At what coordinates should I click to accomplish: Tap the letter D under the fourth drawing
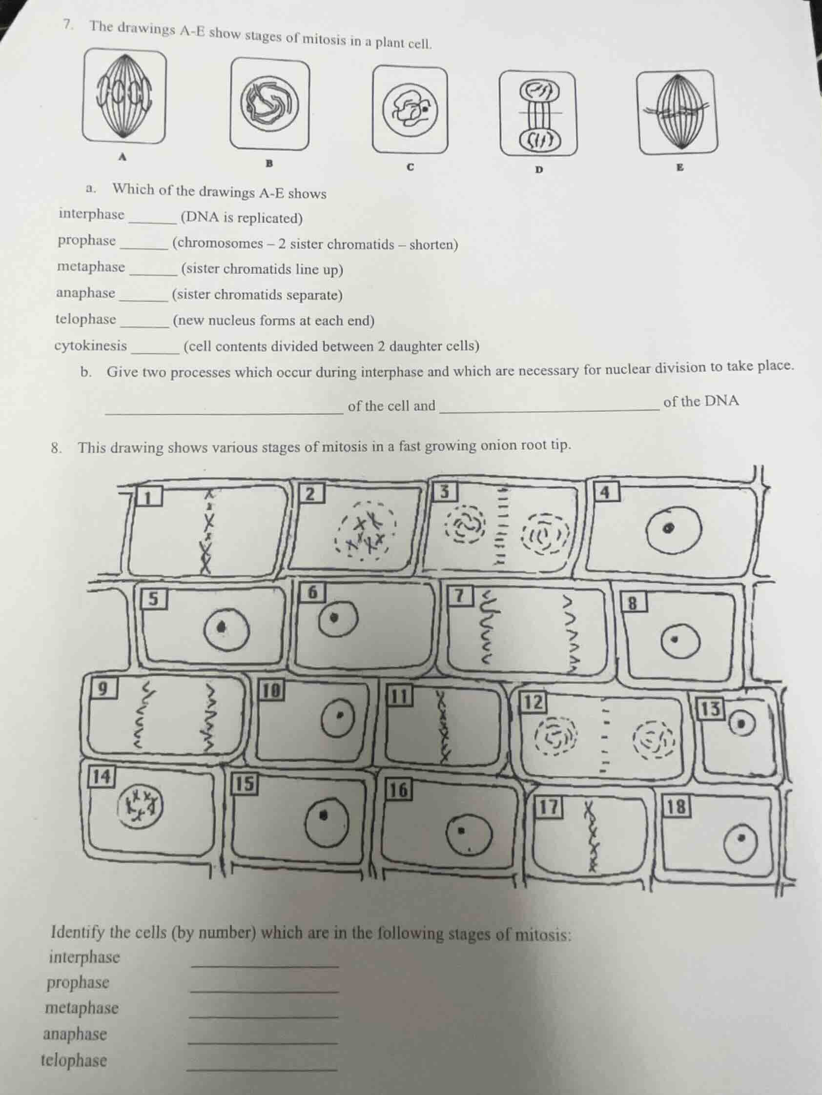pyautogui.click(x=539, y=169)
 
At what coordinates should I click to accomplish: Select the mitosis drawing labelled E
pyautogui.click(x=677, y=112)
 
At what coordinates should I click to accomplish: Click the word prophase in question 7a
pyautogui.click(x=87, y=241)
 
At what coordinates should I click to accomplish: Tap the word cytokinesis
pyautogui.click(x=91, y=345)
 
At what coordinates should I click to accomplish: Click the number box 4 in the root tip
pyautogui.click(x=605, y=492)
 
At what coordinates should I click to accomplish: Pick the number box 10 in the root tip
pyautogui.click(x=271, y=690)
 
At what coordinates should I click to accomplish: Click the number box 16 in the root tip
pyautogui.click(x=399, y=791)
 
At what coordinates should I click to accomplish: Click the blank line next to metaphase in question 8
pyautogui.click(x=264, y=1015)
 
